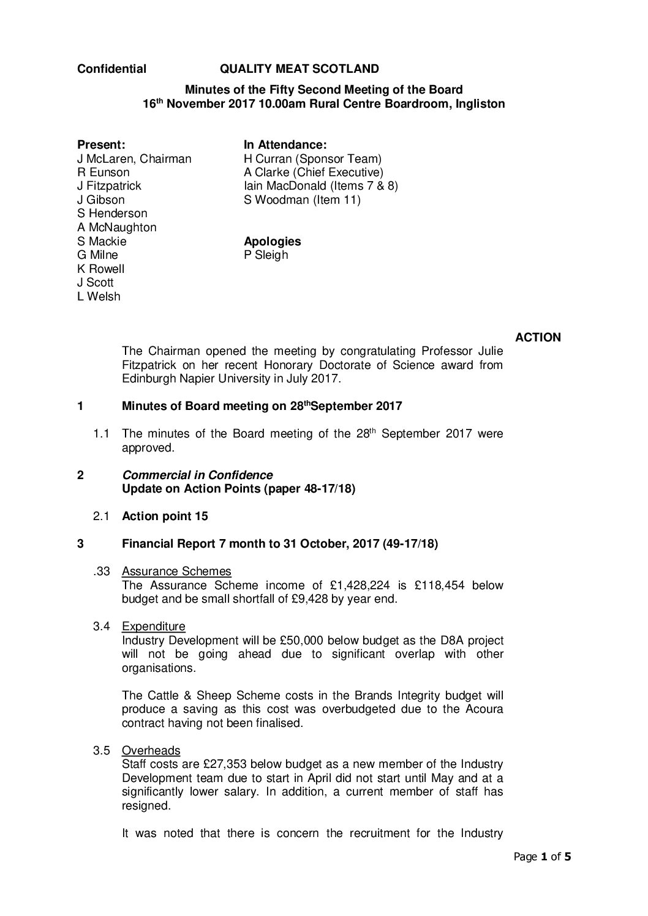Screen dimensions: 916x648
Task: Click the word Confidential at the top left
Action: pyautogui.click(x=111, y=69)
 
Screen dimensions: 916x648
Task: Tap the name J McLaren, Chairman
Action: pyautogui.click(x=134, y=159)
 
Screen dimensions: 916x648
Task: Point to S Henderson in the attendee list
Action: pyautogui.click(x=112, y=214)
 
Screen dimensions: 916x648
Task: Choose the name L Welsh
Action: pyautogui.click(x=99, y=297)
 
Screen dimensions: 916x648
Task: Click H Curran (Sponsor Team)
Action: pyautogui.click(x=312, y=159)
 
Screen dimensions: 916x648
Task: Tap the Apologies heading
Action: pyautogui.click(x=272, y=242)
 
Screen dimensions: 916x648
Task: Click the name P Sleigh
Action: pyautogui.click(x=266, y=255)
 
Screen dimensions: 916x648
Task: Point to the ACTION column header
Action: pyautogui.click(x=538, y=338)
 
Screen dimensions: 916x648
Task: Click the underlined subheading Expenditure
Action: pyautogui.click(x=153, y=627)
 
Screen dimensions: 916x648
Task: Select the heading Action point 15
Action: pyautogui.click(x=165, y=516)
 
